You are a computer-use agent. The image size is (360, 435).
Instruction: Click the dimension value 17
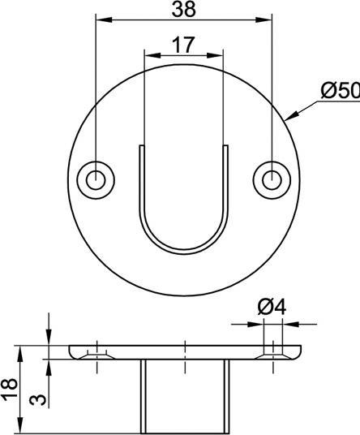(x=183, y=45)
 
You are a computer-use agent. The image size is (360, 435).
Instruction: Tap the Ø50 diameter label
(x=340, y=91)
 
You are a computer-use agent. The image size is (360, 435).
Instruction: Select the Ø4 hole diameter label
(x=272, y=308)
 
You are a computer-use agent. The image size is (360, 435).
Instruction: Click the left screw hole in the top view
(x=96, y=179)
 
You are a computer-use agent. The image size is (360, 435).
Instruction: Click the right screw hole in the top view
(x=271, y=179)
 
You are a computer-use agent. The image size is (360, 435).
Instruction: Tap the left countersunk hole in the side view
(x=96, y=354)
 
